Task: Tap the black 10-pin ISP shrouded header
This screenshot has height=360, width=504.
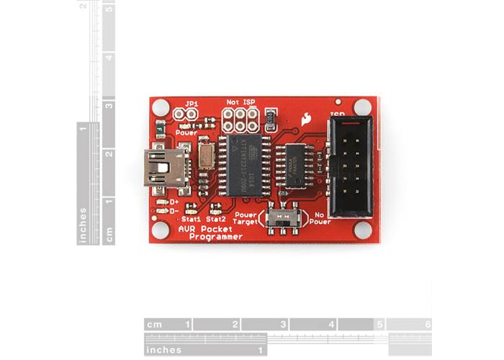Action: pyautogui.click(x=351, y=166)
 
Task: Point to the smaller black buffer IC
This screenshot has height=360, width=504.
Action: pyautogui.click(x=294, y=165)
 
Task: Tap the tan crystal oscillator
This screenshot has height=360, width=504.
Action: pyautogui.click(x=206, y=156)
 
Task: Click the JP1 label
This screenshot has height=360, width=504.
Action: pyautogui.click(x=192, y=104)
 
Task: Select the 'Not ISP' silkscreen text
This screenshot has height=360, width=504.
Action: pyautogui.click(x=241, y=102)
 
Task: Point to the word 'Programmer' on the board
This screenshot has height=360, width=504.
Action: pyautogui.click(x=220, y=238)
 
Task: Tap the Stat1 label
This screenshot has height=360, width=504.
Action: pyautogui.click(x=191, y=217)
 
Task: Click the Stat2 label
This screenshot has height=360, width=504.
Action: pyautogui.click(x=216, y=217)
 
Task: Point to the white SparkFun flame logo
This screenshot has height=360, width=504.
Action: pyautogui.click(x=307, y=118)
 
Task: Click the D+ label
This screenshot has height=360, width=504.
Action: pyautogui.click(x=174, y=202)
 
